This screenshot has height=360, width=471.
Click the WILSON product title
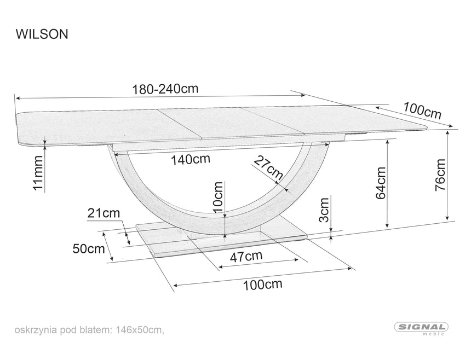[41, 34]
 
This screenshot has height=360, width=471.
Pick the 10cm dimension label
[218, 197]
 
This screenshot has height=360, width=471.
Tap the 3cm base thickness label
[325, 211]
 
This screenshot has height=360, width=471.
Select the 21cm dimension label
[103, 213]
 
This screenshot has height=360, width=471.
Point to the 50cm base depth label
[88, 249]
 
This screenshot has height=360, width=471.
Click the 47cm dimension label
[245, 256]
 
